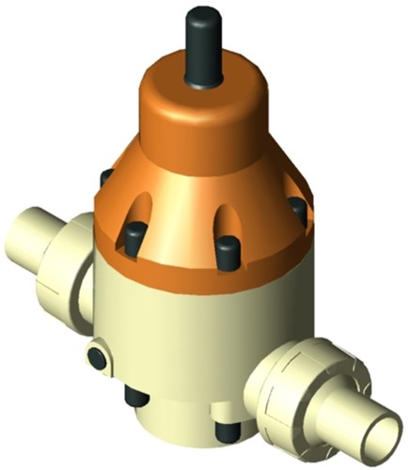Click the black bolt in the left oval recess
[133, 228]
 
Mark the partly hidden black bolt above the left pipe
[106, 178]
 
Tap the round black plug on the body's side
[96, 356]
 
